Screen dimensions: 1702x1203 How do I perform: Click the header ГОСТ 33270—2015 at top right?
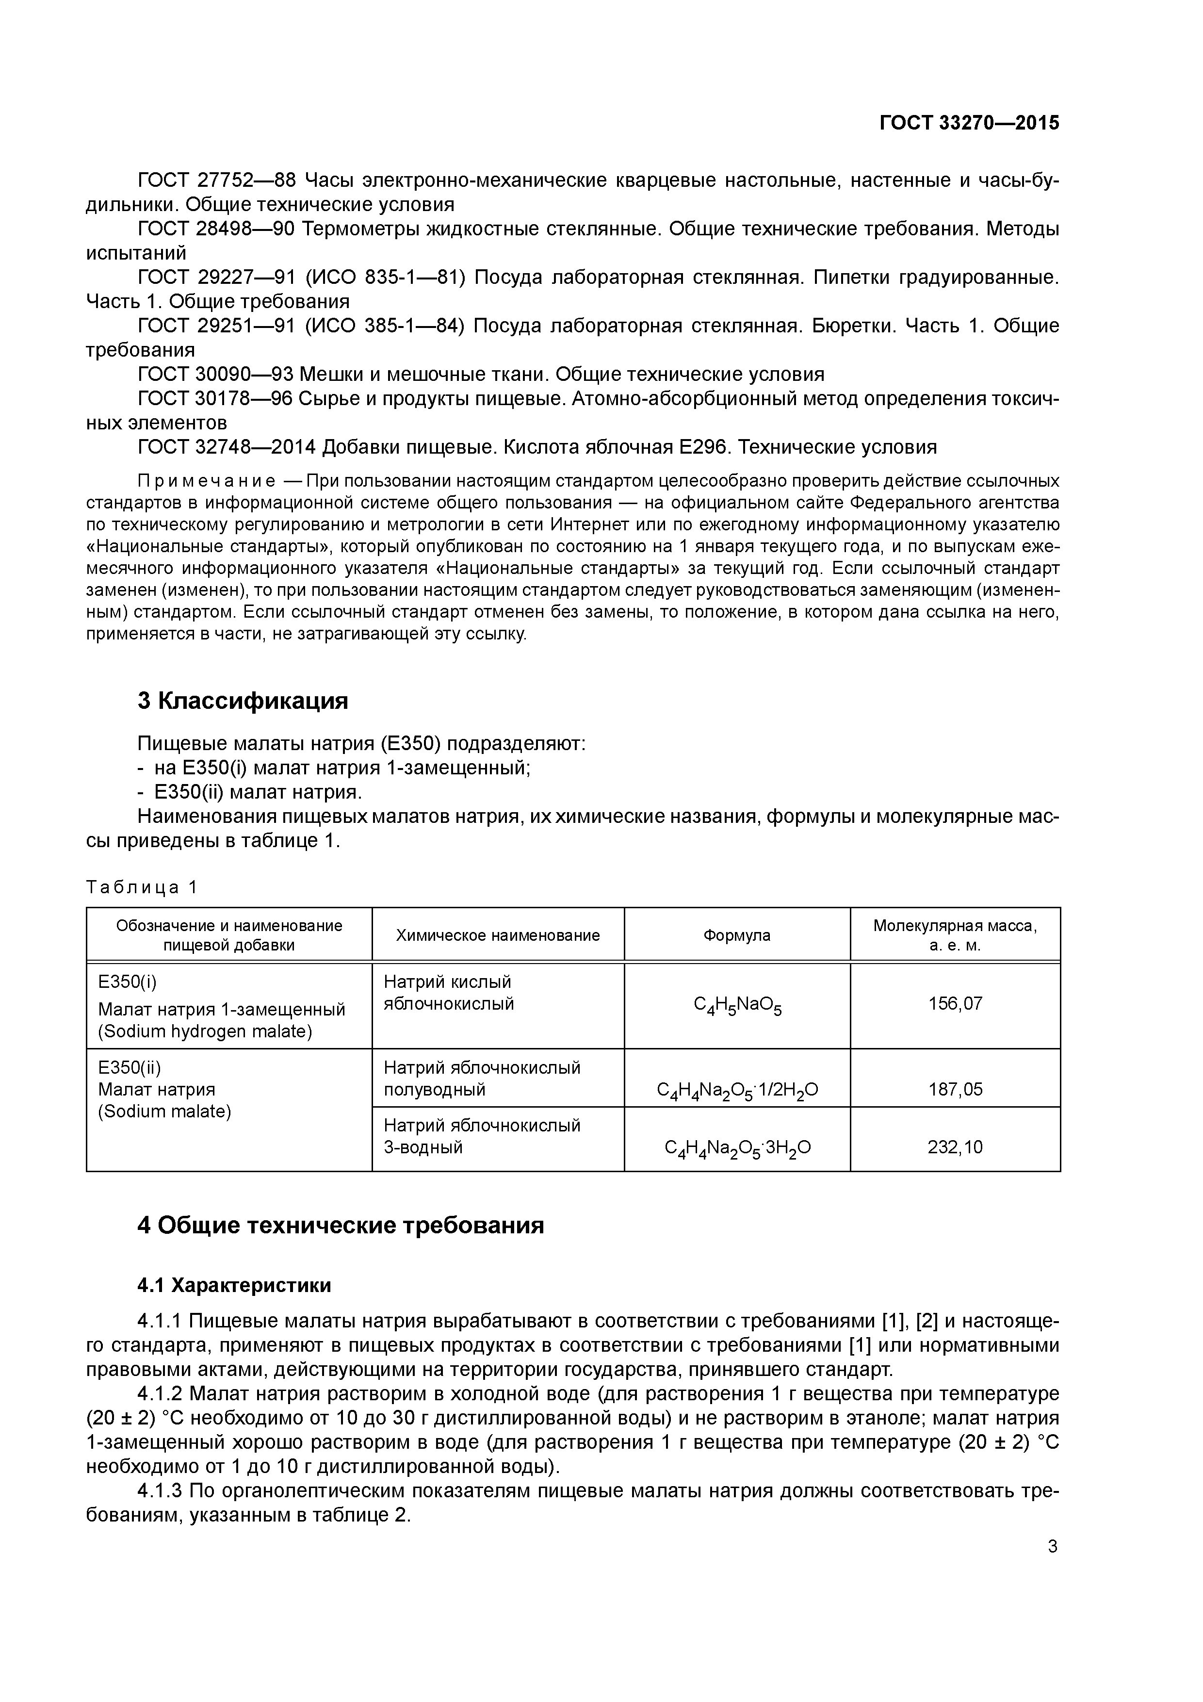coord(969,123)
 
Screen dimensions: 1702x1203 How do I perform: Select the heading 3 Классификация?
coord(243,701)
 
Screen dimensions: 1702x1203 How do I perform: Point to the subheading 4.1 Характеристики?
coord(234,1285)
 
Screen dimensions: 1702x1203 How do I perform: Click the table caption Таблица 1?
coord(142,887)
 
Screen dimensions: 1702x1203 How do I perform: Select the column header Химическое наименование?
coord(497,935)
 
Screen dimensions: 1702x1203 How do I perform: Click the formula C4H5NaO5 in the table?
coord(737,1005)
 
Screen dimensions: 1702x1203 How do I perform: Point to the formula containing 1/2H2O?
coord(737,1091)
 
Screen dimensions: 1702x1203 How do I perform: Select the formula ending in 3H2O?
coord(737,1148)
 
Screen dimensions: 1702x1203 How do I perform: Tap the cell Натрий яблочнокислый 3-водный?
coord(482,1136)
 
